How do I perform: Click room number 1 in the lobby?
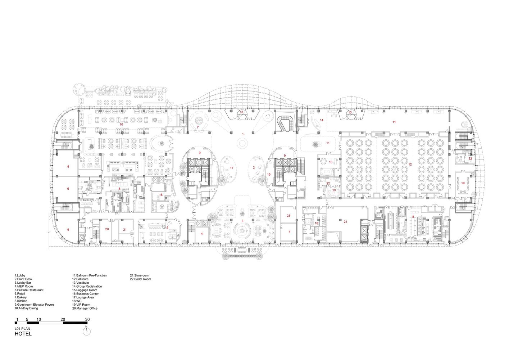click(243, 134)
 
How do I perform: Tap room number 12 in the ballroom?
click(410, 164)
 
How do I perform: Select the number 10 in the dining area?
click(121, 125)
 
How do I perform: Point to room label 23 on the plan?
click(288, 216)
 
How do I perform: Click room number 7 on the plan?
click(198, 127)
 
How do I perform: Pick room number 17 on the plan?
click(232, 168)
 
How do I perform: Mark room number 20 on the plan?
click(107, 229)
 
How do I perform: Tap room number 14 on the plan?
click(322, 120)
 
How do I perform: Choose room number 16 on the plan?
click(331, 162)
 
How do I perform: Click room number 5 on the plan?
click(168, 228)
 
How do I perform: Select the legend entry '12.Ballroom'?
click(80, 279)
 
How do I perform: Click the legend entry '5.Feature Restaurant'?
click(29, 290)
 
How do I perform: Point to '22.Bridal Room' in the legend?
click(140, 279)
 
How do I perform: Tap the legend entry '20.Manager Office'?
click(85, 309)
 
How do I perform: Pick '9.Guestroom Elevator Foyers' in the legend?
click(35, 305)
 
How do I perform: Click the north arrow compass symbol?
click(86, 331)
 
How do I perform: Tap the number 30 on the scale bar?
click(87, 319)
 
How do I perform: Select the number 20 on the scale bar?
click(63, 319)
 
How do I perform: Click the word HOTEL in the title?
click(23, 334)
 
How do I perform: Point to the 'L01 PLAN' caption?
click(22, 329)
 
